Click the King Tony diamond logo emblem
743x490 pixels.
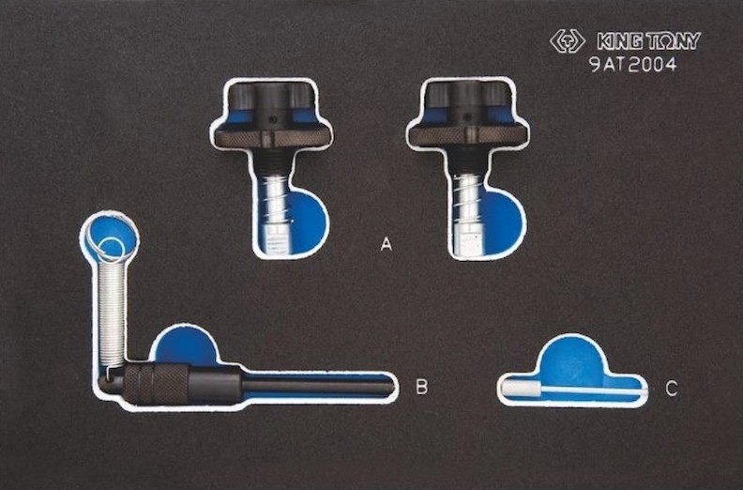coord(568,41)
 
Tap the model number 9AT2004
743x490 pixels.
coord(633,64)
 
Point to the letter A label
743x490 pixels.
coord(387,244)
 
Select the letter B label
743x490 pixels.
coord(421,387)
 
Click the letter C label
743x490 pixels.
coord(672,389)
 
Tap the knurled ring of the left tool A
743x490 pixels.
coord(271,138)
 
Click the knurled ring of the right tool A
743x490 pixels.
coord(468,137)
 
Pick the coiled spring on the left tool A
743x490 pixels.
coord(275,202)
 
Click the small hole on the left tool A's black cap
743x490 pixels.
coord(270,119)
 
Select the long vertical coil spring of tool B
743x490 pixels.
coord(113,314)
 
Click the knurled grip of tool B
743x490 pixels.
coord(157,383)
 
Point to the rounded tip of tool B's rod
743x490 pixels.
coord(390,389)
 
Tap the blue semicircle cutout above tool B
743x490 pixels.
coord(185,346)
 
